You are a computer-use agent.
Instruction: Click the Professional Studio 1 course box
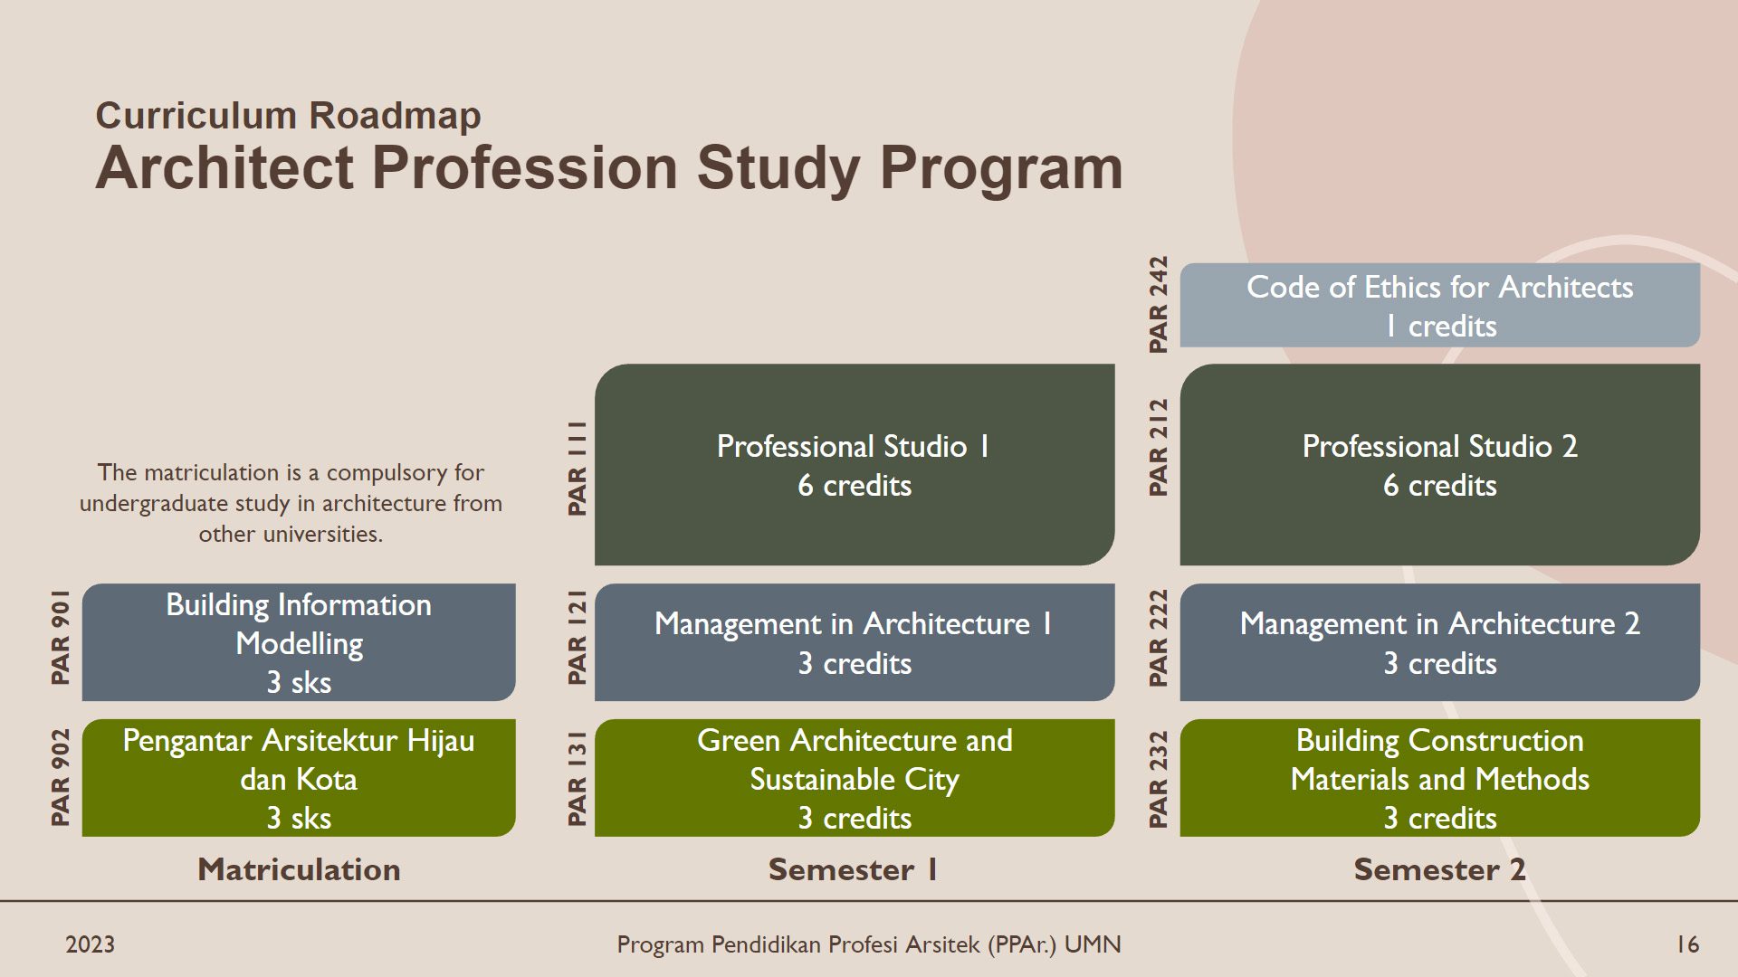(x=855, y=465)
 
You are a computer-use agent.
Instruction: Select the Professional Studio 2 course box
(x=1440, y=465)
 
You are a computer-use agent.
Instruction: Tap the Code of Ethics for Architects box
(x=1440, y=306)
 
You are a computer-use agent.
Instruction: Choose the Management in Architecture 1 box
(x=855, y=642)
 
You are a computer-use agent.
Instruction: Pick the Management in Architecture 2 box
(x=1440, y=642)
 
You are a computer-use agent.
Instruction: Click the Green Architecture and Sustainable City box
(x=855, y=778)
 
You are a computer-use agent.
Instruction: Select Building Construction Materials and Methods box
(x=1440, y=778)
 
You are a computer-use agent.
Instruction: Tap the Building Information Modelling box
(x=299, y=642)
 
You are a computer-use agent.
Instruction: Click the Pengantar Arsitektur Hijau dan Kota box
(x=299, y=778)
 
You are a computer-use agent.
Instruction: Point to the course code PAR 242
(x=1158, y=305)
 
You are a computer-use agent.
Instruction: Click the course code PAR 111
(x=577, y=469)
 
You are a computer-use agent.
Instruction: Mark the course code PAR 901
(x=60, y=637)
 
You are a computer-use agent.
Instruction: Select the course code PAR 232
(x=1158, y=779)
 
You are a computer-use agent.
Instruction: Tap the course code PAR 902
(x=60, y=778)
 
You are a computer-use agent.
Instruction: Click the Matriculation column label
(x=299, y=869)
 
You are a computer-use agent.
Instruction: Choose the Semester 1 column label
(x=854, y=869)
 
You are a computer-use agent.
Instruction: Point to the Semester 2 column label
(x=1440, y=869)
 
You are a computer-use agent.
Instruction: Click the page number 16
(x=1687, y=945)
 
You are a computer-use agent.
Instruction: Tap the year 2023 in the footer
(x=91, y=945)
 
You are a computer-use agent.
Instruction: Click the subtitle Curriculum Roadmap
(x=288, y=116)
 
